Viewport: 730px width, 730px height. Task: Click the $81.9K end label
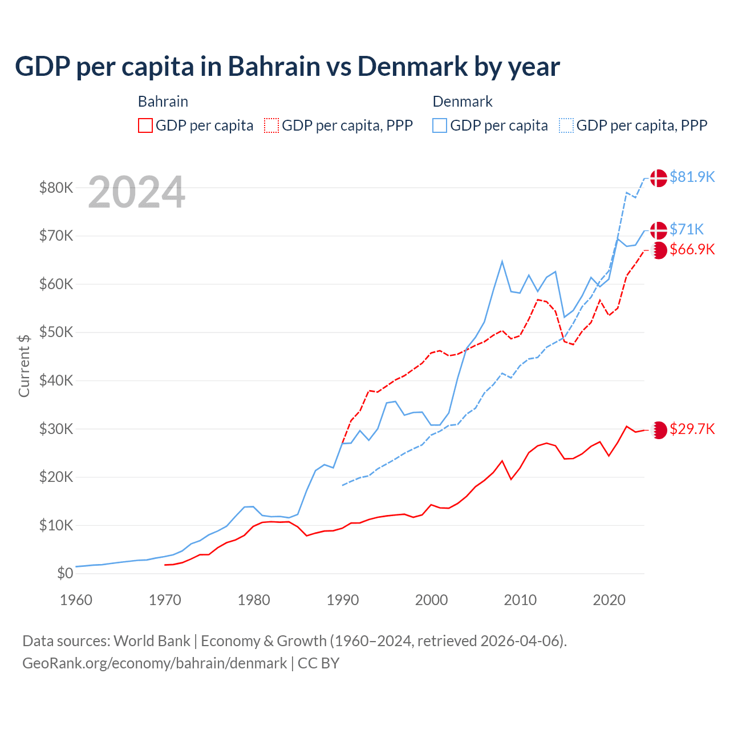(692, 177)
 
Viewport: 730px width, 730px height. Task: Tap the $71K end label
(687, 229)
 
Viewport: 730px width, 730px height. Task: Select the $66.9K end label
(692, 249)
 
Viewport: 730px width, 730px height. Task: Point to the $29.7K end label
(692, 429)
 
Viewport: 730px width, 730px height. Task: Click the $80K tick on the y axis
(56, 188)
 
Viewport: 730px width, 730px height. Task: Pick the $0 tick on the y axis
(65, 573)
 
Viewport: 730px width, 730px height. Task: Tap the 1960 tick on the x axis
(76, 600)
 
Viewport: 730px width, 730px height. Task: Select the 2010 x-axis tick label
(520, 600)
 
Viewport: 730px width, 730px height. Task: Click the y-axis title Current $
(24, 366)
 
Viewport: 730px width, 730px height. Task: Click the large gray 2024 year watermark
(136, 192)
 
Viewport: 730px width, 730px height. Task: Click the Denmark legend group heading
(463, 102)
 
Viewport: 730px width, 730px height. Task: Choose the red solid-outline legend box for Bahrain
(145, 125)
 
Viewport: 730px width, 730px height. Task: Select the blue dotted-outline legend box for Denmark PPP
(566, 125)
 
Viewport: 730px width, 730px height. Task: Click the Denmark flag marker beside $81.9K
(659, 178)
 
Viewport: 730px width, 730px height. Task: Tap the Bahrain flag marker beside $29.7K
(659, 430)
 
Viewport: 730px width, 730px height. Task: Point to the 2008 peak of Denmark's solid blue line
(502, 261)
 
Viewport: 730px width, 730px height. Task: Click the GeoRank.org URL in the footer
(155, 663)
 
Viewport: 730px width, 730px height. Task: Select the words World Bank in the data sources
(152, 641)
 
